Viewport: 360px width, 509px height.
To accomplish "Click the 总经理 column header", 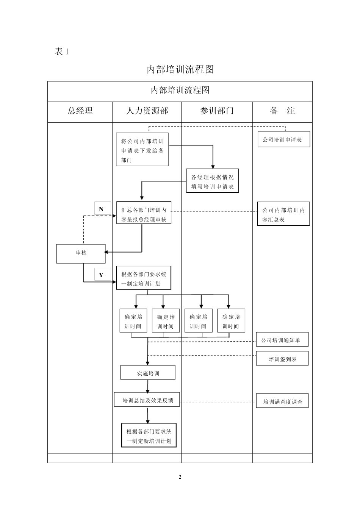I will [x=80, y=111].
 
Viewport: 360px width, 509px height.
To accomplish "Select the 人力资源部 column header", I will [x=147, y=111].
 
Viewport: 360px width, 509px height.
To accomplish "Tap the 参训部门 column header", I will [x=217, y=111].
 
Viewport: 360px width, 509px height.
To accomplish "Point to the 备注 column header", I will [x=282, y=111].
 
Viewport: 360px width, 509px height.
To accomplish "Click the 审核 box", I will [x=81, y=253].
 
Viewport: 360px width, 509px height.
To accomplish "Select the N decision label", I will [x=102, y=209].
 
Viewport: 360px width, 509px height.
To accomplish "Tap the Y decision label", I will [x=101, y=275].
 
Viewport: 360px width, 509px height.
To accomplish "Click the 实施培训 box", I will [x=148, y=373].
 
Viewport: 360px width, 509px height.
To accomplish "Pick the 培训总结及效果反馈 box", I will [x=147, y=400].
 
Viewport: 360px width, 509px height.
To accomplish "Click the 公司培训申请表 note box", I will [x=284, y=139].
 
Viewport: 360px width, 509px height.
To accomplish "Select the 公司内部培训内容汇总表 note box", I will [x=283, y=214].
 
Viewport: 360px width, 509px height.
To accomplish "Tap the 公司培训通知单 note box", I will [x=282, y=340].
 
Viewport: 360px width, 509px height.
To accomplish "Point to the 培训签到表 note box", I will [x=282, y=359].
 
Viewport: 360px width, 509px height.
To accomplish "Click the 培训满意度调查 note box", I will [x=282, y=401].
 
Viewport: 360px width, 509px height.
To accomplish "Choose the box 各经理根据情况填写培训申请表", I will [x=212, y=181].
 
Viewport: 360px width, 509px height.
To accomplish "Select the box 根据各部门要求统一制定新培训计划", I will [x=149, y=436].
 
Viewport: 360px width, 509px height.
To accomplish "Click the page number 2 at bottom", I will [x=180, y=477].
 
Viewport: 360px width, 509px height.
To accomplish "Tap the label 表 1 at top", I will [x=62, y=52].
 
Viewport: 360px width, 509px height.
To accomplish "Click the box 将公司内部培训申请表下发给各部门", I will [x=142, y=150].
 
